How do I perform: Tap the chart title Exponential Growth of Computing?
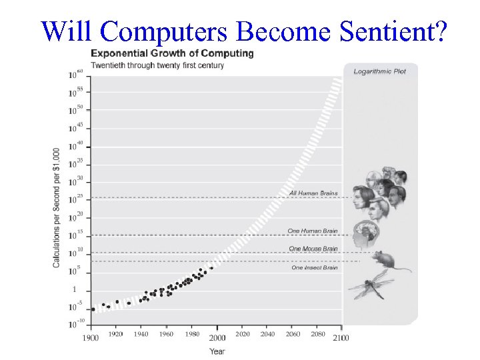[x=172, y=53]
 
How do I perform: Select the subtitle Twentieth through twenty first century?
[x=157, y=65]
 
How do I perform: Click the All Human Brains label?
[x=313, y=193]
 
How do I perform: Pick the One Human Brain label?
[x=313, y=231]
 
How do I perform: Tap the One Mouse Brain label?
[x=313, y=249]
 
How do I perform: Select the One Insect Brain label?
[x=315, y=268]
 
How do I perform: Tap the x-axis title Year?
[x=217, y=351]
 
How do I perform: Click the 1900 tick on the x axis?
[x=91, y=337]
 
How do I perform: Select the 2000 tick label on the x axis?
[x=217, y=337]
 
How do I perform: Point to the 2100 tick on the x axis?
[x=341, y=337]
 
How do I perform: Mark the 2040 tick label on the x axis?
[x=267, y=334]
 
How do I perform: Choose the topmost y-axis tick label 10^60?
[x=75, y=75]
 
